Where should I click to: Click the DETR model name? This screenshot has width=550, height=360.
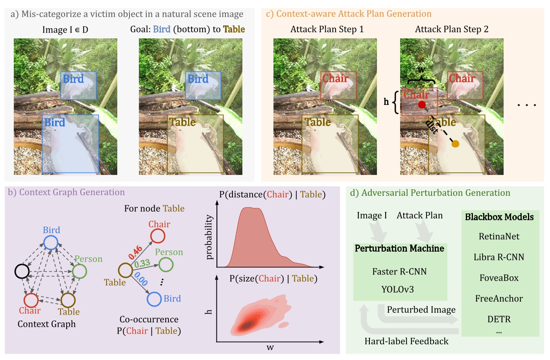click(x=499, y=319)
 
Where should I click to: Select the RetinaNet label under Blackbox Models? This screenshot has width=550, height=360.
click(x=499, y=236)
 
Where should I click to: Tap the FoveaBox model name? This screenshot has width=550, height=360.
click(x=499, y=278)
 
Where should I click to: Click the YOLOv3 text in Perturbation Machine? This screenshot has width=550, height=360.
click(x=397, y=290)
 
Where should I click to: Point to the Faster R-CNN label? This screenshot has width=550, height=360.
click(x=399, y=271)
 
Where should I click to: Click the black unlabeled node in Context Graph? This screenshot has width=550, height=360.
click(x=22, y=271)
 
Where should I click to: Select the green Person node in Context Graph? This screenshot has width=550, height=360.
click(x=79, y=271)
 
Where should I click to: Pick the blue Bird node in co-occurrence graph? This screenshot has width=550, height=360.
click(x=154, y=299)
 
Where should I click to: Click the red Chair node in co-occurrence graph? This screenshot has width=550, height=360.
click(x=158, y=236)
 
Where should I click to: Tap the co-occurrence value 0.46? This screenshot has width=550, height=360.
click(x=135, y=252)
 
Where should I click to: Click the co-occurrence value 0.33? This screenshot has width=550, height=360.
click(x=142, y=263)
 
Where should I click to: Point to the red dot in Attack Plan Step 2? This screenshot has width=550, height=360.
click(x=422, y=105)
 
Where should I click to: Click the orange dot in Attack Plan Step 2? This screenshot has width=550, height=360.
click(x=455, y=144)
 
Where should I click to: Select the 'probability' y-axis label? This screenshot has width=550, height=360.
click(x=209, y=237)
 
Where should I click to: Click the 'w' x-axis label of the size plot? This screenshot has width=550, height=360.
click(x=270, y=347)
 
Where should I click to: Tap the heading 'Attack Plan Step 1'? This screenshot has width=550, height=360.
click(x=327, y=29)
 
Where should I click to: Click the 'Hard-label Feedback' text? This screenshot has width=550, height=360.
click(x=406, y=341)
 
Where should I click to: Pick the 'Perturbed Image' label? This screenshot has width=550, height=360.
click(x=421, y=310)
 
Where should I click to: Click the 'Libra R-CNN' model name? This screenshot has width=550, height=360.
click(x=499, y=257)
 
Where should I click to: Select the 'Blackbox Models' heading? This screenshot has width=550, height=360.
click(x=499, y=217)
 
